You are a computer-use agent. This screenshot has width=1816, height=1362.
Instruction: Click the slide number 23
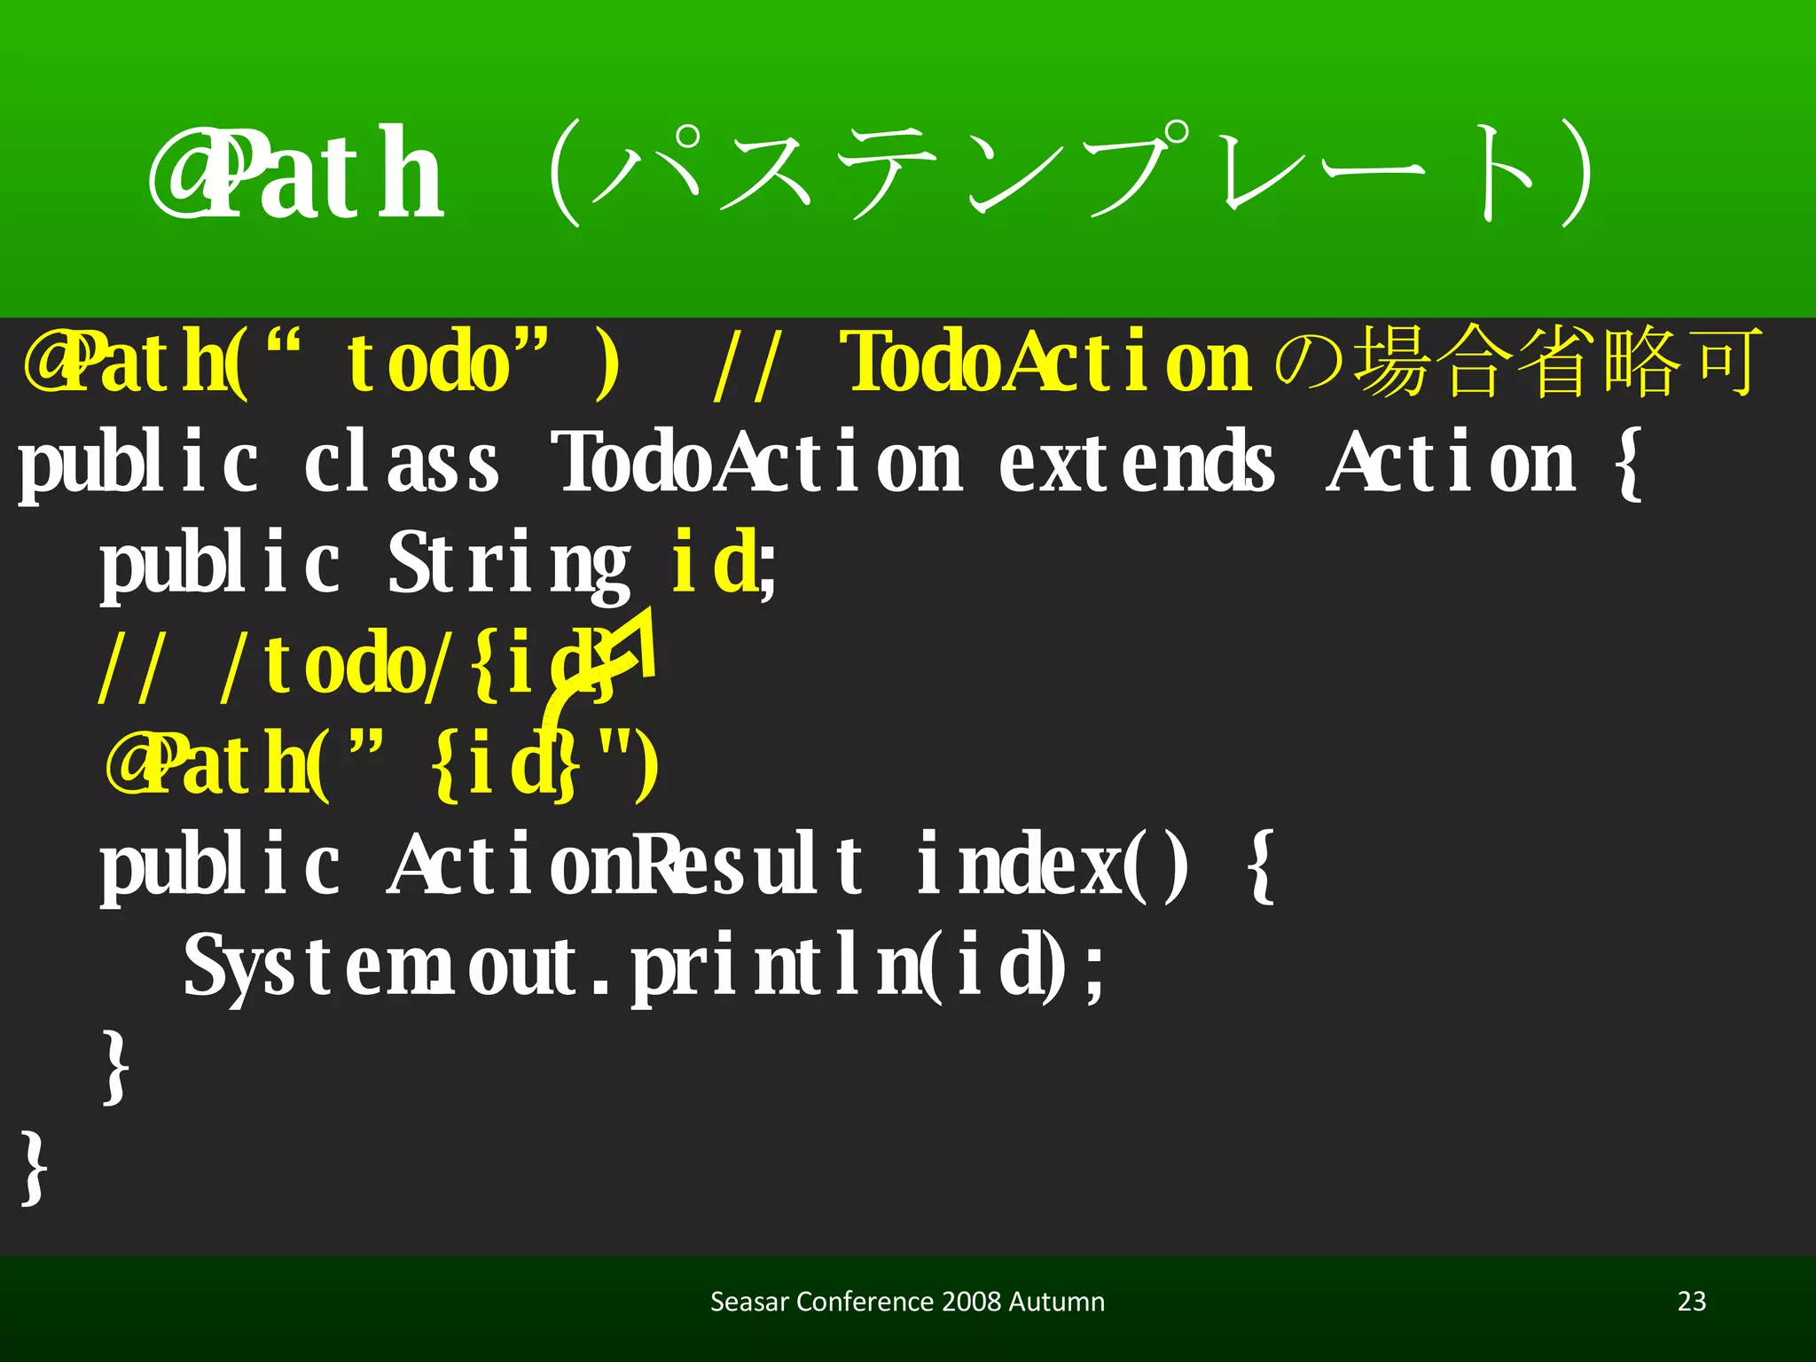(1692, 1301)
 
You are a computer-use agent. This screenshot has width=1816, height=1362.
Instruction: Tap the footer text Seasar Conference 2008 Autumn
(907, 1302)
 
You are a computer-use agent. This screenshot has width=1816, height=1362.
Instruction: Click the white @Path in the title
(296, 174)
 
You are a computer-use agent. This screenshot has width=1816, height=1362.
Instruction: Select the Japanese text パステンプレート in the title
(1073, 174)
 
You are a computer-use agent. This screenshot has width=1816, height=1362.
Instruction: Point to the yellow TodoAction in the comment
(1046, 362)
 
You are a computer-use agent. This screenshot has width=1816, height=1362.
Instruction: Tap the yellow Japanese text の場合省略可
(1516, 362)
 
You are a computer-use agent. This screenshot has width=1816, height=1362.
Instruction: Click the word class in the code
(401, 463)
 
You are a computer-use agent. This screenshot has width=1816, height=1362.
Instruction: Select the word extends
(1137, 463)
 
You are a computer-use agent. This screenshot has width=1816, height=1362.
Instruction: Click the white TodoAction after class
(756, 463)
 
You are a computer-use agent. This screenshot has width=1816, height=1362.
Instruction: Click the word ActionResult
(626, 865)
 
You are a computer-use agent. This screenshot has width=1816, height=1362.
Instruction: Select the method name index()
(1052, 865)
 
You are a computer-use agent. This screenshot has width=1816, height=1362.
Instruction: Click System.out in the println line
(381, 967)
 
